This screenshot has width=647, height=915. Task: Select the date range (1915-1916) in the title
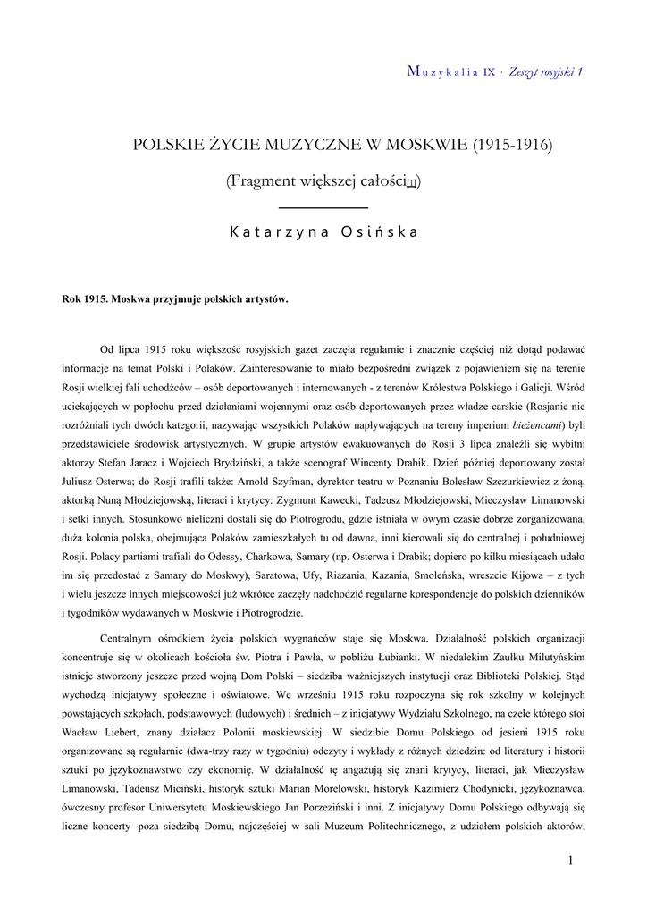coord(512,143)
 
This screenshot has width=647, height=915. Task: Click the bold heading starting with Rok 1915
coord(175,298)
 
